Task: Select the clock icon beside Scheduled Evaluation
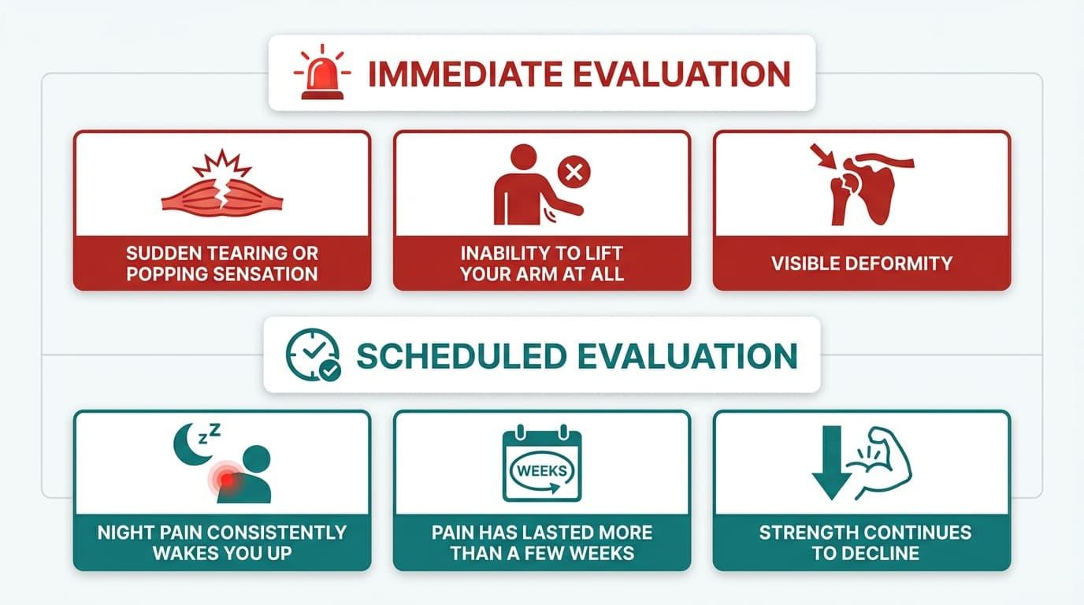[x=312, y=355]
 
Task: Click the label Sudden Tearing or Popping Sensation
[x=221, y=264]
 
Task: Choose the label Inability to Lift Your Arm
[x=542, y=264]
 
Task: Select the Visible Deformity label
[x=862, y=263]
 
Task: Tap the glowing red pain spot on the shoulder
[x=227, y=478]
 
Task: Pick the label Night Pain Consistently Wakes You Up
[x=221, y=542]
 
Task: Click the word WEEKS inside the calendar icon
[x=541, y=470]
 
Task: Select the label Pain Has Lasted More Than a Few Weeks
[x=542, y=542]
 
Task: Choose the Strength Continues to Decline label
[x=862, y=542]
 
